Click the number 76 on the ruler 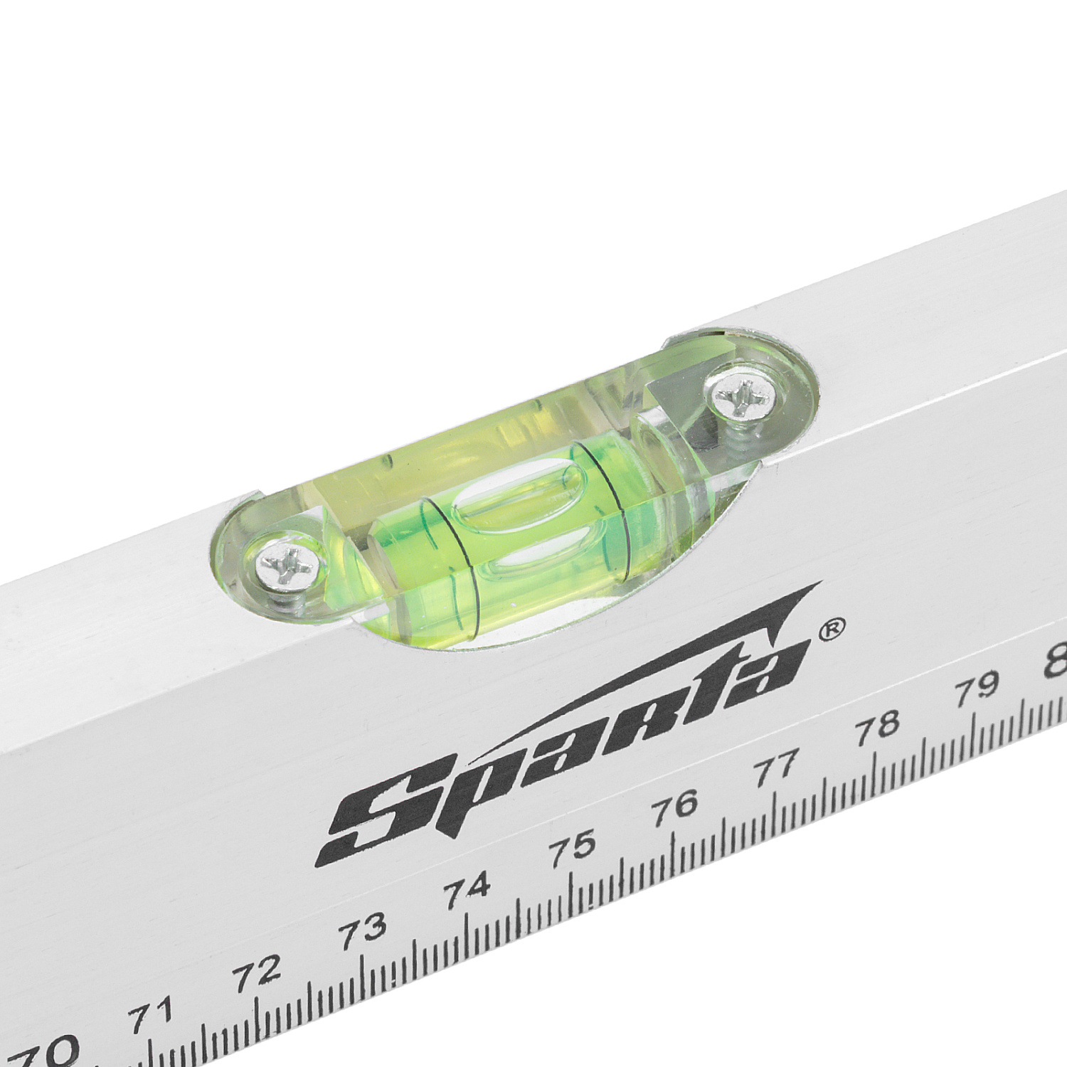(678, 806)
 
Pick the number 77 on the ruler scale (777, 766)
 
